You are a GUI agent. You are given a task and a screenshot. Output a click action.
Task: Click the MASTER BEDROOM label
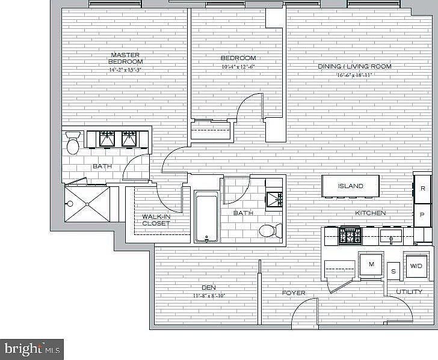125,58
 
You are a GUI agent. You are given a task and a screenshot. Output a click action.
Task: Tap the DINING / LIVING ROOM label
354,66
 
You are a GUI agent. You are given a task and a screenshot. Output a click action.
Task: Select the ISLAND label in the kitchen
350,186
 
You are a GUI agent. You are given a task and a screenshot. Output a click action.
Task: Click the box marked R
423,188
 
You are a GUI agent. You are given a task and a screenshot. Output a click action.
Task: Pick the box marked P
423,214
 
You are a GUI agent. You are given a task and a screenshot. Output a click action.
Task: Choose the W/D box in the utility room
416,266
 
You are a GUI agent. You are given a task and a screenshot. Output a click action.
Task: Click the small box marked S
393,270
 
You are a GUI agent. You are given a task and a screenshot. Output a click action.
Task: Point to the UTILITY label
409,292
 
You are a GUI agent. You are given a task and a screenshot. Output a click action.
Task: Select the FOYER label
294,293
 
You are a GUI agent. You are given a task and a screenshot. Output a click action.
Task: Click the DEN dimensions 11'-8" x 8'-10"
209,296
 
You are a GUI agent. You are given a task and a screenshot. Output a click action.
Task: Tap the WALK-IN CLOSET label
156,220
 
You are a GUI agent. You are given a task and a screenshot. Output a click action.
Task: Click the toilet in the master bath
73,145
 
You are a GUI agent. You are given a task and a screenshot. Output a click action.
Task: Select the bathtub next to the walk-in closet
206,216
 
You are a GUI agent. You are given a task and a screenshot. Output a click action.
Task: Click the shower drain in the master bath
88,204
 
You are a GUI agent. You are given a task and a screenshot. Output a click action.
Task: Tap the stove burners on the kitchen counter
350,235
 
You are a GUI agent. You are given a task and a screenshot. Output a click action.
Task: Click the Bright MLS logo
32,348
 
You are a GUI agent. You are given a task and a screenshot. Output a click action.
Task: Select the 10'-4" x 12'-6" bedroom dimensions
238,66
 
